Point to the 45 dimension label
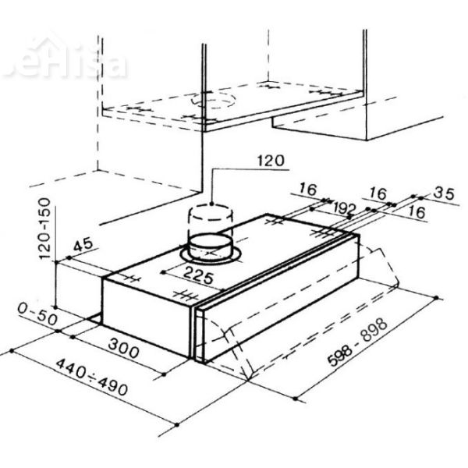[83, 246]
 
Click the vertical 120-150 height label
[46, 228]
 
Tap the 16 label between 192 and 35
[379, 192]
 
